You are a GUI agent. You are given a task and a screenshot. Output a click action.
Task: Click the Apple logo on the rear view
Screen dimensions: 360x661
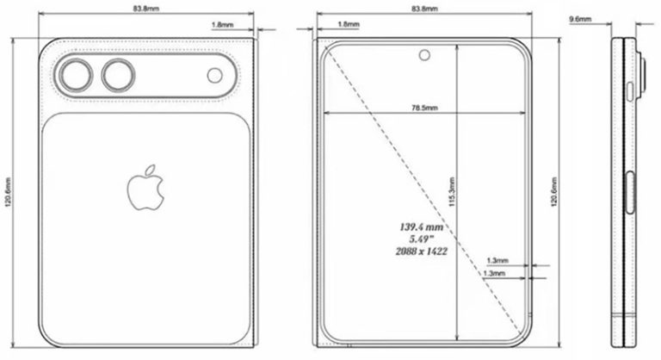coord(145,188)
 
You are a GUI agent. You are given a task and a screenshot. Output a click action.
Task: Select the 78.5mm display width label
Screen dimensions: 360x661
coord(425,108)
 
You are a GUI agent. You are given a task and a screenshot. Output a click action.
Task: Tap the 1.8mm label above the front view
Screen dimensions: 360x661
coord(349,25)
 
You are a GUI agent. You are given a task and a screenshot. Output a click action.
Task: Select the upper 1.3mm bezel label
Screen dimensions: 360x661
coord(497,259)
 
